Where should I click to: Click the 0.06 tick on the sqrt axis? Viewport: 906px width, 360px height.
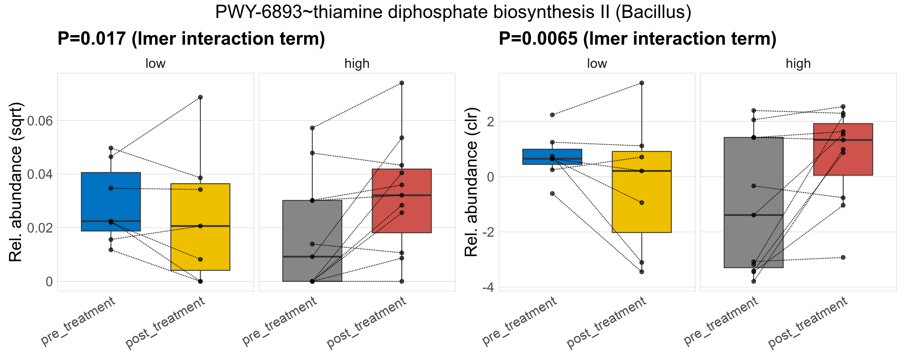pyautogui.click(x=40, y=121)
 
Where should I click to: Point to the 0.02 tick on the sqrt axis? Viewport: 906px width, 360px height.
pyautogui.click(x=40, y=228)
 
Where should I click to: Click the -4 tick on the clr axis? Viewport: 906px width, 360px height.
pyautogui.click(x=488, y=288)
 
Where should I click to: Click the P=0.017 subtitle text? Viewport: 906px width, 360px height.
pyautogui.click(x=191, y=39)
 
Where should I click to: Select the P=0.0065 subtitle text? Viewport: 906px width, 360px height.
pyautogui.click(x=637, y=39)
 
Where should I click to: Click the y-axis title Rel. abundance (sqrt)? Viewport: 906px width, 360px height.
pyautogui.click(x=16, y=182)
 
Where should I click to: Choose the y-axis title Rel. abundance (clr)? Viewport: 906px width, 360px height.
pyautogui.click(x=471, y=182)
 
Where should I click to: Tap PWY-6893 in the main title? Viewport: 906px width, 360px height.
pyautogui.click(x=259, y=12)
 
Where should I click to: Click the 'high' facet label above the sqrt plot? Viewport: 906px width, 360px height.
pyautogui.click(x=357, y=64)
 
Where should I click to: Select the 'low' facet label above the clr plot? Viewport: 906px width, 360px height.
pyautogui.click(x=596, y=64)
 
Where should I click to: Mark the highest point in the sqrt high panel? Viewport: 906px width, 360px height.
pyautogui.click(x=402, y=83)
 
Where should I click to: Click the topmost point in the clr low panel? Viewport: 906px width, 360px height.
pyautogui.click(x=641, y=83)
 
